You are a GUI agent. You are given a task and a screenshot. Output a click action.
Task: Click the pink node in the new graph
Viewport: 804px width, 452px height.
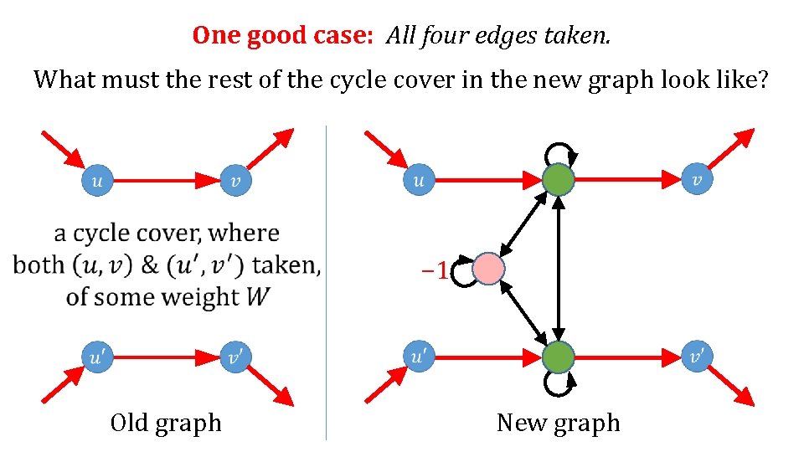(488, 269)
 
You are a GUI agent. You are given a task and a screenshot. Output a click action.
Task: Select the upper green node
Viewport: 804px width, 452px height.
(559, 179)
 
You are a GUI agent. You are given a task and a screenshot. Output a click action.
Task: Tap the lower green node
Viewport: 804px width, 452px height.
(559, 357)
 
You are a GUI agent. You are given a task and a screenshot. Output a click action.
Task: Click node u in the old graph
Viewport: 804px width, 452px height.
(96, 180)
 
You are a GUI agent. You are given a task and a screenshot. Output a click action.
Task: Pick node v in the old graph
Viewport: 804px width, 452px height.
(236, 180)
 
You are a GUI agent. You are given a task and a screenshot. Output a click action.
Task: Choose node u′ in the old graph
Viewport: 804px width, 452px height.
(96, 357)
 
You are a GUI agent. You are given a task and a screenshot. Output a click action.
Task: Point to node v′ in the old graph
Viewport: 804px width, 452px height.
(236, 357)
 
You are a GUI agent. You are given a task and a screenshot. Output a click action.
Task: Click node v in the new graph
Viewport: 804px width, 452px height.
(698, 179)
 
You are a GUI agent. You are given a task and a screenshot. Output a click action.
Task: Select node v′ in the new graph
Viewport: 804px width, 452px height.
(698, 357)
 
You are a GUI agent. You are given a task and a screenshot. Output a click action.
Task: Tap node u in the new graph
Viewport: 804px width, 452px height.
(419, 179)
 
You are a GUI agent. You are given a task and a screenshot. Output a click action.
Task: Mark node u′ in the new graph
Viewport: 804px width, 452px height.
(419, 357)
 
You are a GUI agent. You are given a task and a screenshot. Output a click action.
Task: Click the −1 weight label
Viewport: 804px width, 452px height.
(435, 270)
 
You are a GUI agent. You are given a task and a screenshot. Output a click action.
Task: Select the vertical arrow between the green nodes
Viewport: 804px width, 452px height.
(559, 268)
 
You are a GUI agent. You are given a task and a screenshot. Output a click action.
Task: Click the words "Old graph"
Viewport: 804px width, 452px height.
(166, 423)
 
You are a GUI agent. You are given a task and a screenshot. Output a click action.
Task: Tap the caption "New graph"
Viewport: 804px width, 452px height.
(558, 423)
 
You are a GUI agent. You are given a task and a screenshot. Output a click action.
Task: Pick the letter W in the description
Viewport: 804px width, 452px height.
(257, 296)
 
